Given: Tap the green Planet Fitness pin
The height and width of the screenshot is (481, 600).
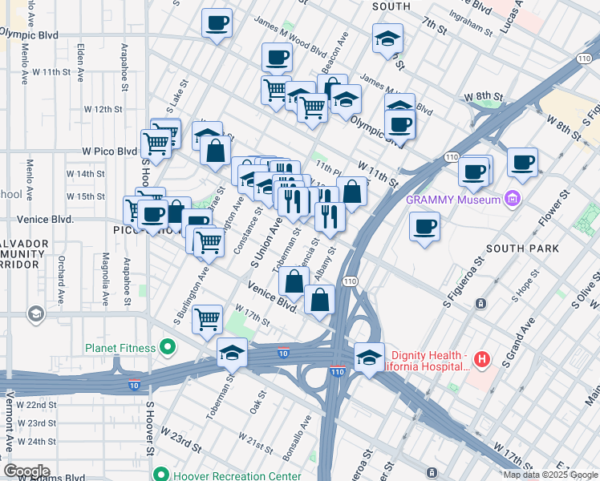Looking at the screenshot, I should tap(168, 347).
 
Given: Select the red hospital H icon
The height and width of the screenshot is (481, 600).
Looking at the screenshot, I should tap(481, 360).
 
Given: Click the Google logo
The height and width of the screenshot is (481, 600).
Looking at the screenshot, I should tap(26, 471).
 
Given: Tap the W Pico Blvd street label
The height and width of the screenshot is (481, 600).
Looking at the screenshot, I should tap(109, 151).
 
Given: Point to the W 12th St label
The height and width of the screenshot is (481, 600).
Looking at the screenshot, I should tap(103, 108).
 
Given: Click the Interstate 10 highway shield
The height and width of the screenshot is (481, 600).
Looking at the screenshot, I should tap(283, 352).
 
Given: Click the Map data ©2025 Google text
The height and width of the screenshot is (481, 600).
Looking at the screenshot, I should tap(550, 475).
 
